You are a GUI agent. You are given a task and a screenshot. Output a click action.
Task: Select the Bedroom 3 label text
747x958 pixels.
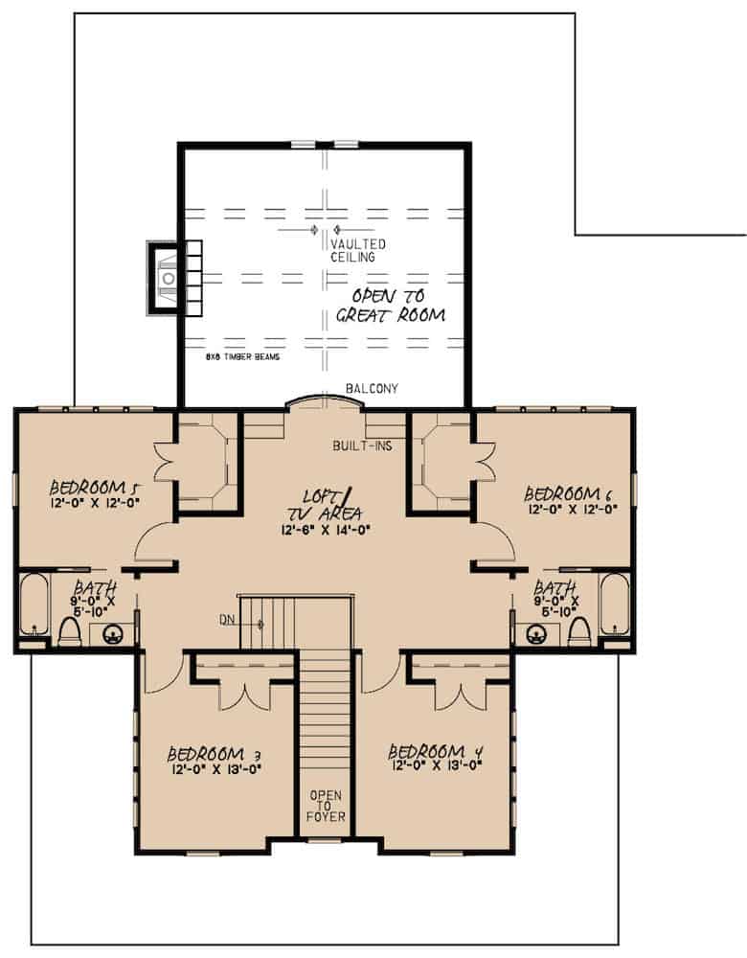(x=214, y=752)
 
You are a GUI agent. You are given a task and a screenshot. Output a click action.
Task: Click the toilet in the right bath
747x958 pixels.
(x=577, y=629)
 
